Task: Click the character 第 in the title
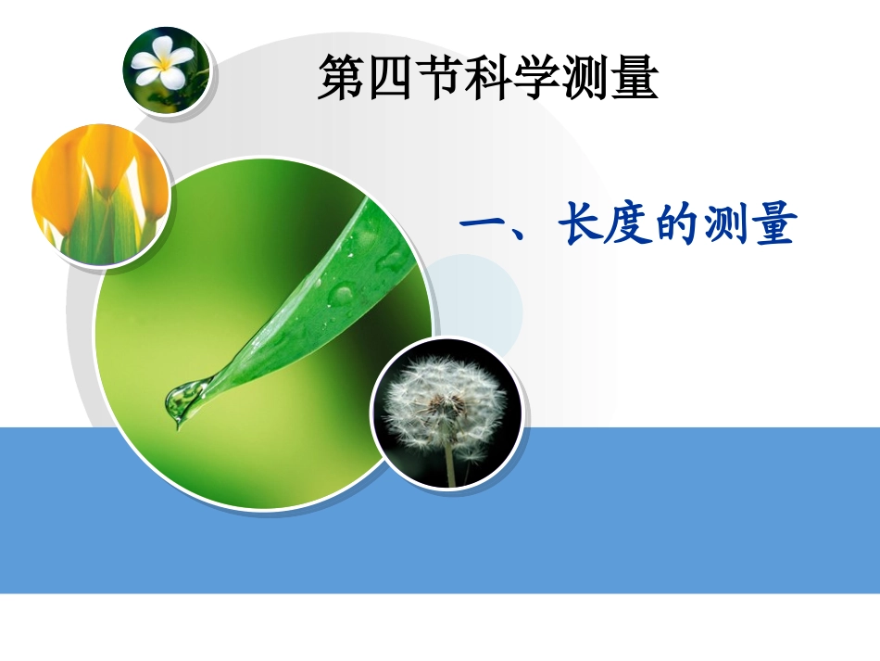339,79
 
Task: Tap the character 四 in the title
388,79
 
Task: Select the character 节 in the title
437,79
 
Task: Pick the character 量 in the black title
635,79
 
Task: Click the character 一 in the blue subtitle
482,226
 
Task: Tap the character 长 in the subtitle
582,226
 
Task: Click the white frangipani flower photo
166,70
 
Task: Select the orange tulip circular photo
100,196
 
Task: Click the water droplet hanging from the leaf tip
181,400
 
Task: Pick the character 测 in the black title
585,79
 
